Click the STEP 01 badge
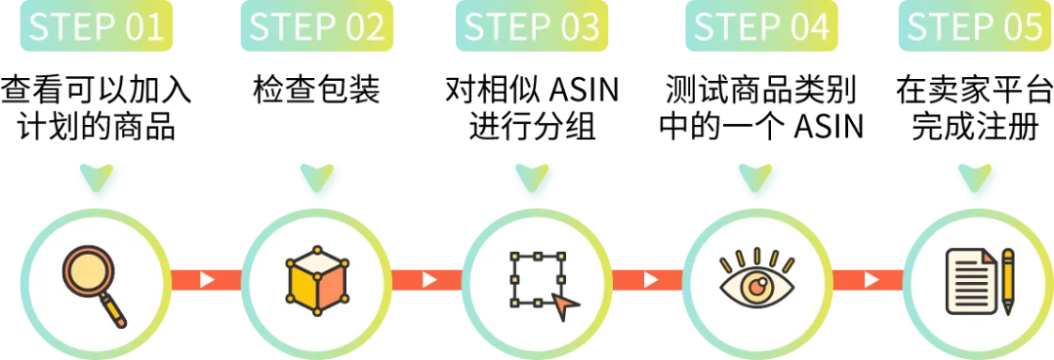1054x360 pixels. pos(96,25)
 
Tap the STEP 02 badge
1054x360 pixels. pos(316,25)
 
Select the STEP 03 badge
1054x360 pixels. pos(532,25)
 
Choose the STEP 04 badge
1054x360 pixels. pos(761,25)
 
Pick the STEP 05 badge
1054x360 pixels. pos(976,25)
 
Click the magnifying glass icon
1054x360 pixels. pos(94,285)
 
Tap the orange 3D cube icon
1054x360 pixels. pos(317,281)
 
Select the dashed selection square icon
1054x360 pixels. pos(537,279)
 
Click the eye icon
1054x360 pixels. pos(757,280)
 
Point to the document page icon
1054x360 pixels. pos(971,281)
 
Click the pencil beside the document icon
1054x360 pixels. pos(1007,281)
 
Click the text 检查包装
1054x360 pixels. pos(316,90)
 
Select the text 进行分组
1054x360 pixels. pos(533,126)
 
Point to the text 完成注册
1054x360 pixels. pos(975,126)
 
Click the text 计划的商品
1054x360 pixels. pos(96,126)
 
